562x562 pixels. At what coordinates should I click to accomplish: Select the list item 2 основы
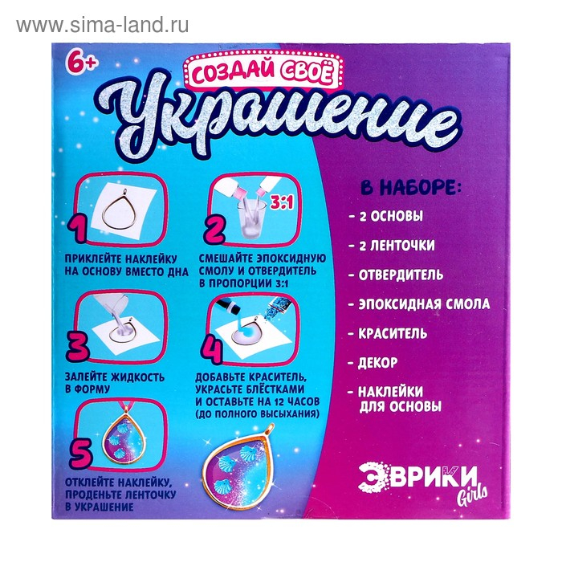pyautogui.click(x=391, y=217)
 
